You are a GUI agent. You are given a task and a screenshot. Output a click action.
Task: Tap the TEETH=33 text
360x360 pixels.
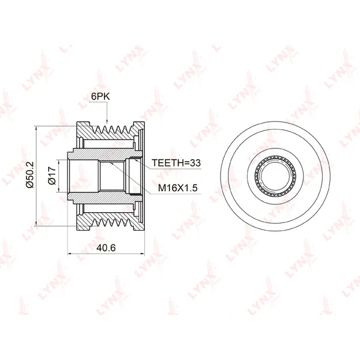point(176,163)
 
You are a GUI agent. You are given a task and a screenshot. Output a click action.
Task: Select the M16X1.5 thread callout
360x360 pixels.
point(178,188)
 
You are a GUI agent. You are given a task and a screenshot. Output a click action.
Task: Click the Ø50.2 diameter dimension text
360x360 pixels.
point(30,175)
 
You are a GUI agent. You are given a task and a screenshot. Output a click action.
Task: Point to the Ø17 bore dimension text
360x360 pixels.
point(52,175)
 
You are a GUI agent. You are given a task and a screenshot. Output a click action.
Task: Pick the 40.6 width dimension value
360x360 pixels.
point(106,248)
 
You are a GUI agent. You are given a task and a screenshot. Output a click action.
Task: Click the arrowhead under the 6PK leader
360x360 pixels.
point(107,121)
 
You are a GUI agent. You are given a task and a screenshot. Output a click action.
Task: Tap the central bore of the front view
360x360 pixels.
point(275,176)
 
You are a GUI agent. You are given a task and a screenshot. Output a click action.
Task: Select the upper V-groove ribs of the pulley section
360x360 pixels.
point(112,132)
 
